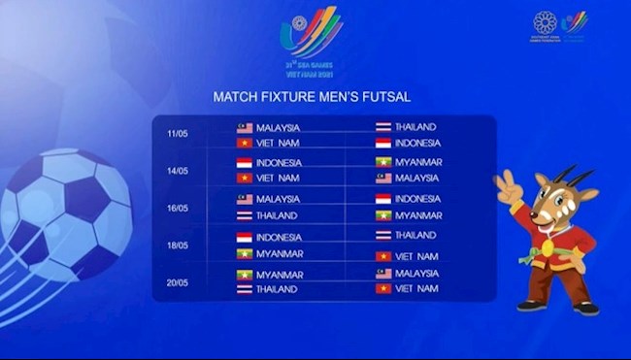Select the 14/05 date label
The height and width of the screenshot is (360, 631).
coord(177,171)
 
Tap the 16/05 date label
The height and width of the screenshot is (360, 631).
coord(177,208)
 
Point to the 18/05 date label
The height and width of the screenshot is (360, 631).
coord(177,245)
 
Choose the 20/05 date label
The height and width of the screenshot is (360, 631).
coord(177,281)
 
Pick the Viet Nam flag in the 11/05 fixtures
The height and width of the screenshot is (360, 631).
coord(245,143)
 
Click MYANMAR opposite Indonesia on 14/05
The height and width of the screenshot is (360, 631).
coord(417,162)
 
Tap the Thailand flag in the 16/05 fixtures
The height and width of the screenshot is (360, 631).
coord(245,215)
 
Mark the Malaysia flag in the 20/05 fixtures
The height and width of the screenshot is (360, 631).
coord(383,274)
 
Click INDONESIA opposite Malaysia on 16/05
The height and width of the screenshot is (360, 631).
coord(417,199)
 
